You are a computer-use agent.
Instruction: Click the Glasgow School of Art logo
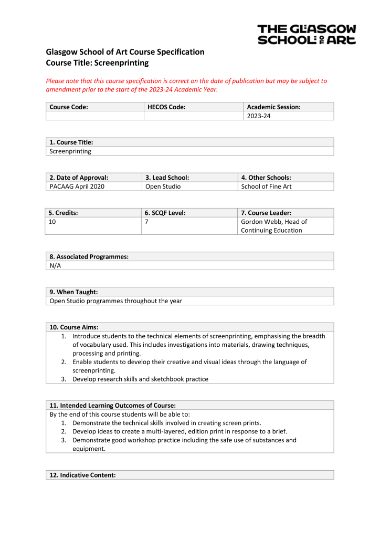click(307, 34)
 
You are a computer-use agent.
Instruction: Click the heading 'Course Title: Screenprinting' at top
click(97, 63)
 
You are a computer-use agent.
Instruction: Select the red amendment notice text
click(186, 85)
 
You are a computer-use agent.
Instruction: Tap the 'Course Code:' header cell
click(69, 107)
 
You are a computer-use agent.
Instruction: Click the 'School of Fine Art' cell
click(266, 187)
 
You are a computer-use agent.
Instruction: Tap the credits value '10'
click(52, 222)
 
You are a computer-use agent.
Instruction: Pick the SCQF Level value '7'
click(146, 222)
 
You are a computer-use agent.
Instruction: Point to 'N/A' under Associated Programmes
click(55, 266)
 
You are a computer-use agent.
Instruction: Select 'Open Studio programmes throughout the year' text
click(115, 301)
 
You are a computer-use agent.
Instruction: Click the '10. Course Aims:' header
click(74, 327)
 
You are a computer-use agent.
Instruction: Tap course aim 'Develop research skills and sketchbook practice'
click(140, 379)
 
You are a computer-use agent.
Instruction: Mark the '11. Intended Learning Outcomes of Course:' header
click(112, 406)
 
